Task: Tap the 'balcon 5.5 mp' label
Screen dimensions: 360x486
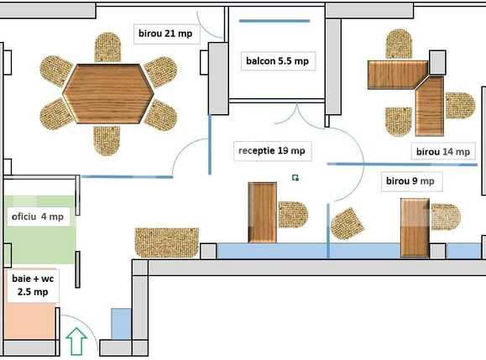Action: click(276, 60)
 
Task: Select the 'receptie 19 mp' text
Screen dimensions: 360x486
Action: click(271, 151)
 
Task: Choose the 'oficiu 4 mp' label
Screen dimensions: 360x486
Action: click(38, 217)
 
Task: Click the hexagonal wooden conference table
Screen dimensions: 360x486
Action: click(108, 93)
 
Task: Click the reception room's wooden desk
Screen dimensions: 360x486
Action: click(263, 211)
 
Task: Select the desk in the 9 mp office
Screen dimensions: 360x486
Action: click(415, 226)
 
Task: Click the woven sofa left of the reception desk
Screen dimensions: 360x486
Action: click(166, 242)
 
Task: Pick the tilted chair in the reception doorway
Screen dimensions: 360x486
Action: click(348, 223)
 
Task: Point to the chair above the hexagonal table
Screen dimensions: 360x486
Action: click(107, 47)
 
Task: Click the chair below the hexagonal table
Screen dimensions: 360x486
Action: click(107, 140)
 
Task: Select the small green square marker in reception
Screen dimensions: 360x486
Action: click(295, 177)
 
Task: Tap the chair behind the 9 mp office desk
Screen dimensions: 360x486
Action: click(445, 217)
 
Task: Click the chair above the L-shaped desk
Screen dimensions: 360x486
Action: click(399, 44)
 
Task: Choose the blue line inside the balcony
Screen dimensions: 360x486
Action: click(275, 20)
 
